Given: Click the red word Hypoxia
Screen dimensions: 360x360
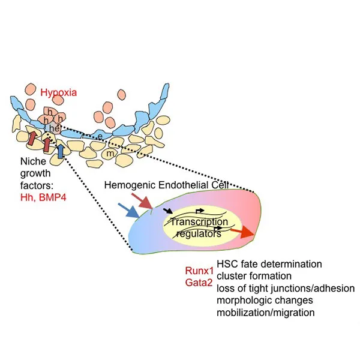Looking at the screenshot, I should (59, 92).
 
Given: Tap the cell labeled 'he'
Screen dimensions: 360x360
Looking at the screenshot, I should (53, 127).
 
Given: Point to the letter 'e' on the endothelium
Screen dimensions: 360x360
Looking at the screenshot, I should (100, 137).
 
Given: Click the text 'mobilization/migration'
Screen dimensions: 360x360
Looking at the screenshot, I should (266, 312).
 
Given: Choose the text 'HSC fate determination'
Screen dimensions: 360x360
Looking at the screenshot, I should (269, 264).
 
